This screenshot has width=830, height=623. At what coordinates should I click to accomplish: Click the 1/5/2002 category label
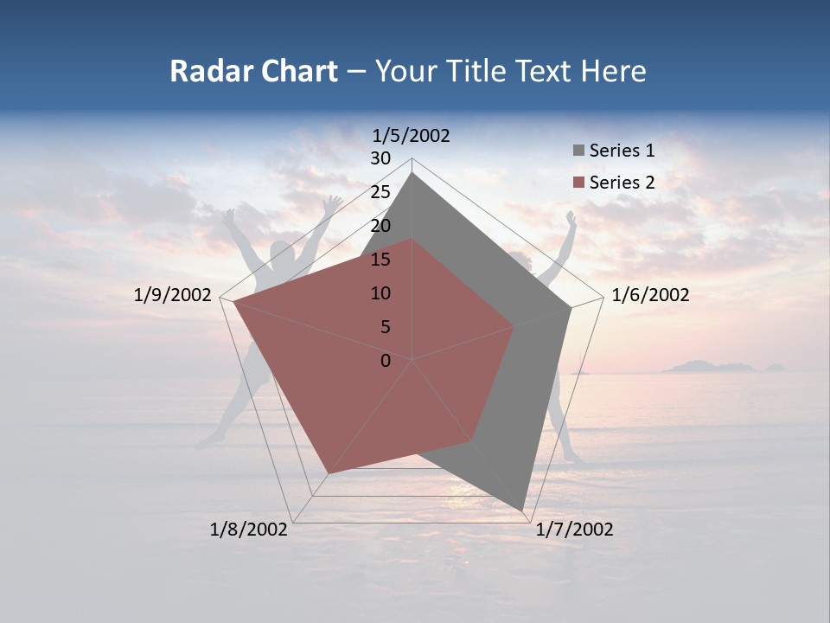412,135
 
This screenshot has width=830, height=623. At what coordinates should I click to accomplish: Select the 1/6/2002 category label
650,295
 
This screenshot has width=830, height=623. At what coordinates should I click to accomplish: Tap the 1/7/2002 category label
574,530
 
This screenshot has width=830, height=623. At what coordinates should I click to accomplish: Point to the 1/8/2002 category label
249,530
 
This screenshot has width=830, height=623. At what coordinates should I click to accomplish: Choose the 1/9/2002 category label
173,295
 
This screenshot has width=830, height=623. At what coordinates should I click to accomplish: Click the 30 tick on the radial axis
380,158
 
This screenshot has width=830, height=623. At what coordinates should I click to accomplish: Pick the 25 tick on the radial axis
380,192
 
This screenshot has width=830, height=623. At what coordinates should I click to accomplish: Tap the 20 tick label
380,226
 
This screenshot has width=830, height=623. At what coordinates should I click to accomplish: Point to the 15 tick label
380,260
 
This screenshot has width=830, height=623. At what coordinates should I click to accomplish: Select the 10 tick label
380,293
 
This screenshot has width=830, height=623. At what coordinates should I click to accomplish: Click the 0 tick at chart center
386,361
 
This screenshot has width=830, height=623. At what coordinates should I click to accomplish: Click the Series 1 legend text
622,151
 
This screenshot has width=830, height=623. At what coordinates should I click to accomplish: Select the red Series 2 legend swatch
578,183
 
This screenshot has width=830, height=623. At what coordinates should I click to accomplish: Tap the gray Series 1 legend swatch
578,151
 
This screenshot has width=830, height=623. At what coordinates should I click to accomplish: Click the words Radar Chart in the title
253,72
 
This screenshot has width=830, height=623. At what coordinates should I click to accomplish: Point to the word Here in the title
613,72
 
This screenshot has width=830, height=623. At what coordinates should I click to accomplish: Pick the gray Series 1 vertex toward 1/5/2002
412,174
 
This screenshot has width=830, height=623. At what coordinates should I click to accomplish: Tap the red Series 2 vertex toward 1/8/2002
328,473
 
